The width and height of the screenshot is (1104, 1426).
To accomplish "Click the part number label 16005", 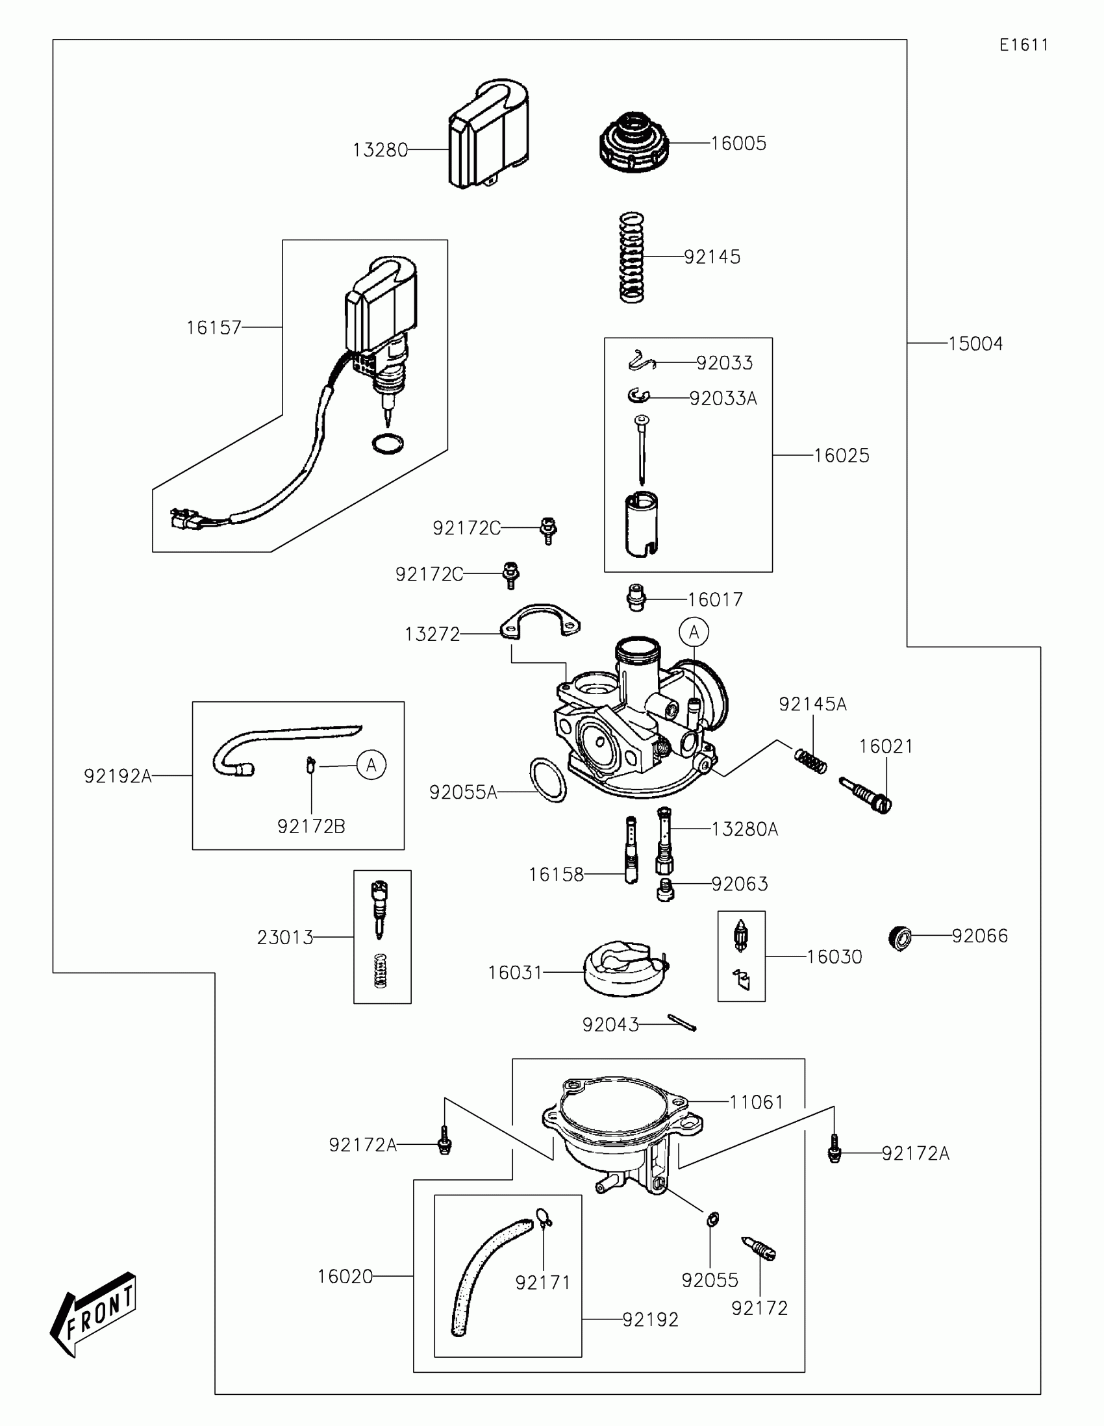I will pos(738,144).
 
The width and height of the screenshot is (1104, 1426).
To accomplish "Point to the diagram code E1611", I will pos(1023,45).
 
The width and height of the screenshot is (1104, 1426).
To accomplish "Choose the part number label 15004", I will pos(975,344).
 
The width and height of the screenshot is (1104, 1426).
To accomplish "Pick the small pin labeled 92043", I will pos(683,1023).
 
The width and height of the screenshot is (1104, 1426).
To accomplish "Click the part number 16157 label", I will pos(214,328).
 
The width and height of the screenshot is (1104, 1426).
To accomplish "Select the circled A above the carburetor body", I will pos(694,632).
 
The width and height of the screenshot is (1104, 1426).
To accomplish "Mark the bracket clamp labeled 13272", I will pos(540,621).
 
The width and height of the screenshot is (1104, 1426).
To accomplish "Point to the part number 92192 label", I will pos(650,1320).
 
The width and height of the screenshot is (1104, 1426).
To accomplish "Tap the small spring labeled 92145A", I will pos(811,760).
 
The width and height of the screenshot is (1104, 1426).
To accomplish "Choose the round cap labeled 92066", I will pos(900,938).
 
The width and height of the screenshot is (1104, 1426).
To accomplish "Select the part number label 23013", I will pos(285,938).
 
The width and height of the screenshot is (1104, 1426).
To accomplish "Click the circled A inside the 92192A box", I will pos(371,764).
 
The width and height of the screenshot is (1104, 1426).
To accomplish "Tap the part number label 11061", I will pos(756,1102).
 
